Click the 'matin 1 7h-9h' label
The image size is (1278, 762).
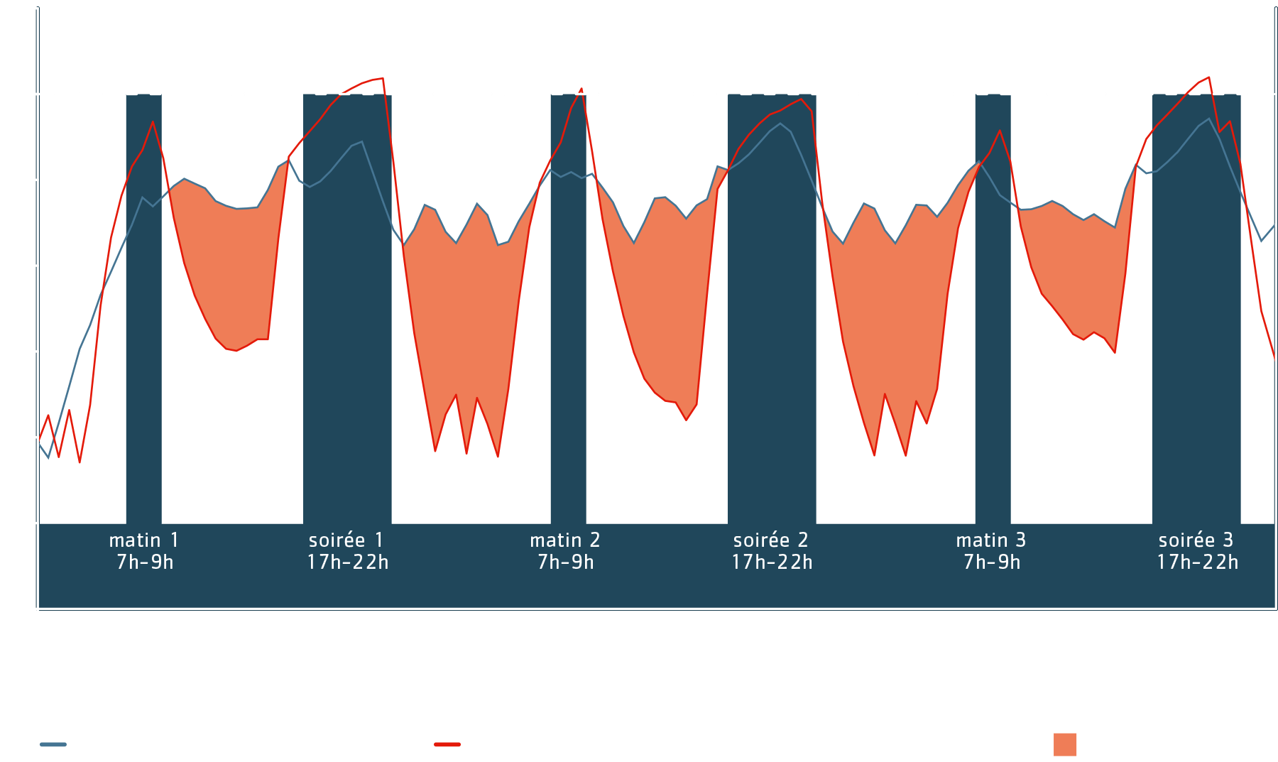pyautogui.click(x=144, y=551)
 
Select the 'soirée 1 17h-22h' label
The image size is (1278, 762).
pyautogui.click(x=347, y=551)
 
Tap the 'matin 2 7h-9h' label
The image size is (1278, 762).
pyautogui.click(x=565, y=551)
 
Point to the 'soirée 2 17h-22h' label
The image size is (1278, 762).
pyautogui.click(x=772, y=551)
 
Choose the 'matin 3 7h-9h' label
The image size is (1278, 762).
pyautogui.click(x=991, y=551)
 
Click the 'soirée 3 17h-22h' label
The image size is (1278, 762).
pyautogui.click(x=1197, y=551)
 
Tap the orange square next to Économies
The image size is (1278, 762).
pyautogui.click(x=1065, y=744)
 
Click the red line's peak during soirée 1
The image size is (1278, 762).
pyautogui.click(x=383, y=78)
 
